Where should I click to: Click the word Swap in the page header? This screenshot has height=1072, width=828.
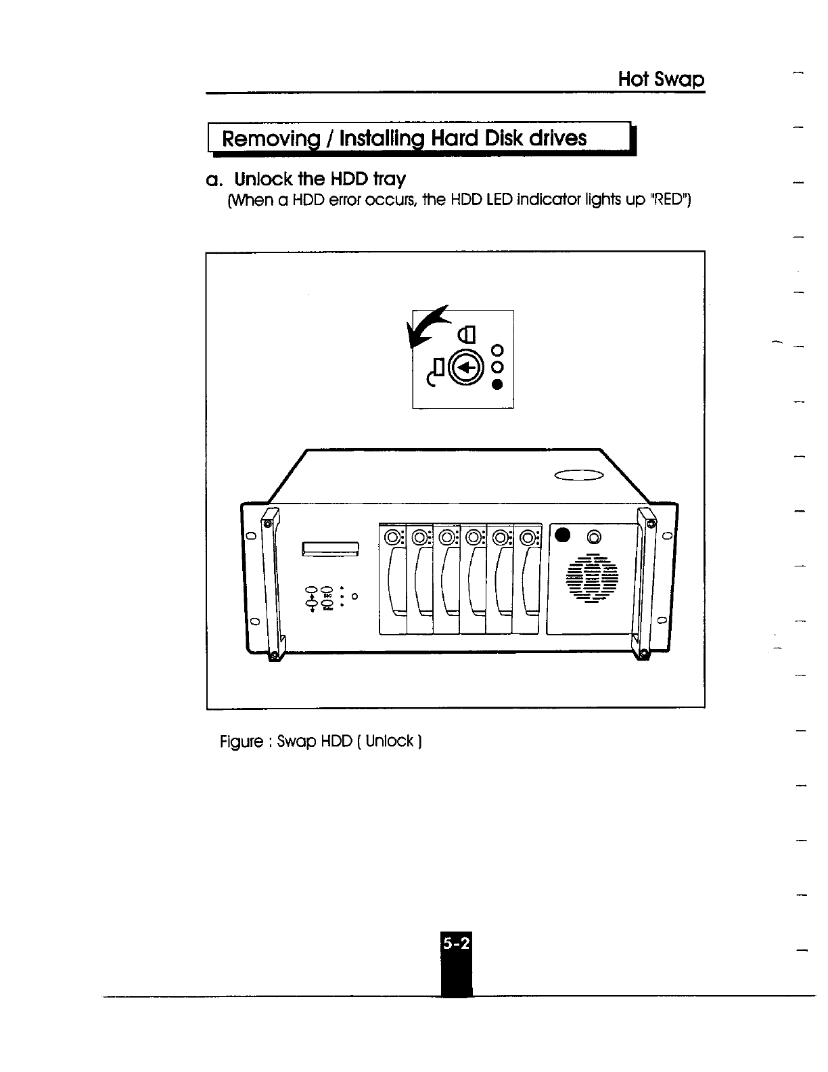[x=678, y=80]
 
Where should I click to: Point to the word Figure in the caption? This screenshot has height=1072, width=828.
[x=240, y=742]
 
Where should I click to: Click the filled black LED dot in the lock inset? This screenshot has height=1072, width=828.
[x=498, y=384]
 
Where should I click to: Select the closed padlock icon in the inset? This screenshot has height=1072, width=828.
[x=468, y=334]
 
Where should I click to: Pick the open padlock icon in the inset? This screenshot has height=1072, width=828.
[x=436, y=369]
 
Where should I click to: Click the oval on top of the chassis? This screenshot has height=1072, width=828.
[x=578, y=476]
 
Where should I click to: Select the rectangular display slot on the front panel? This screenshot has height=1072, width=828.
[x=330, y=548]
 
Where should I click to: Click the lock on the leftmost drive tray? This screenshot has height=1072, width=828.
[x=392, y=538]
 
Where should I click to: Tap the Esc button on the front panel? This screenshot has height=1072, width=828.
[x=327, y=590]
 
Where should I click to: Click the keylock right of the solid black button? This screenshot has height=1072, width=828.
[x=594, y=537]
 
